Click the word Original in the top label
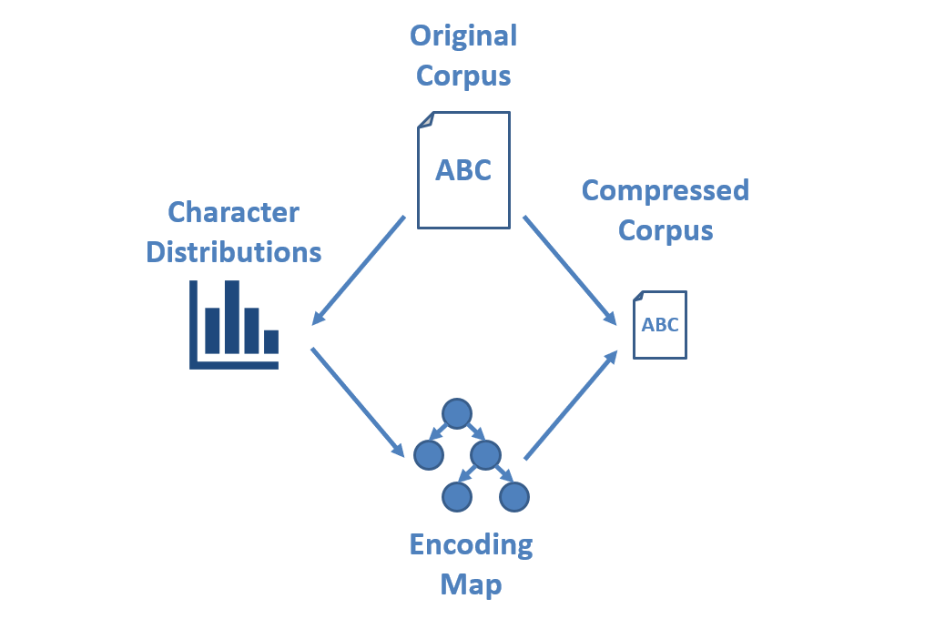click(x=463, y=36)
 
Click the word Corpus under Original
click(x=463, y=76)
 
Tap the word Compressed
click(x=665, y=190)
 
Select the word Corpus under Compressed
click(x=665, y=229)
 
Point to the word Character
click(x=234, y=213)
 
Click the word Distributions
click(x=234, y=251)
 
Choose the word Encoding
click(x=471, y=544)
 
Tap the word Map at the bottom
click(x=471, y=583)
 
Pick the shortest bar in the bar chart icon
click(x=271, y=341)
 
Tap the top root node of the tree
click(x=456, y=414)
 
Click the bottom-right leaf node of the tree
click(x=514, y=497)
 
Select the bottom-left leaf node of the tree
click(x=456, y=497)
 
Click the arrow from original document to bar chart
click(x=359, y=269)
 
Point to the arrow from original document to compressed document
click(x=570, y=269)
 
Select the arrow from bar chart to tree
click(x=357, y=401)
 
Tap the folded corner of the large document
click(x=426, y=120)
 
